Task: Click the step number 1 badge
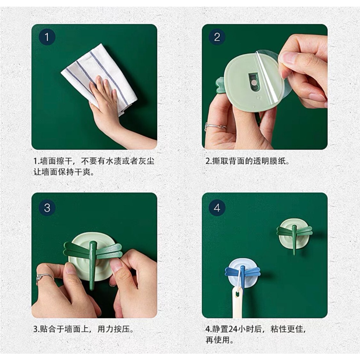pyautogui.click(x=47, y=37)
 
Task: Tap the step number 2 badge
pyautogui.click(x=217, y=37)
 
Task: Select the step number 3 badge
pyautogui.click(x=47, y=208)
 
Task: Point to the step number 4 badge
pyautogui.click(x=217, y=208)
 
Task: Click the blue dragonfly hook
pyautogui.click(x=243, y=272)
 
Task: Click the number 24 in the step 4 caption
pyautogui.click(x=233, y=329)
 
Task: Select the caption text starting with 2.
pyautogui.click(x=247, y=161)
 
